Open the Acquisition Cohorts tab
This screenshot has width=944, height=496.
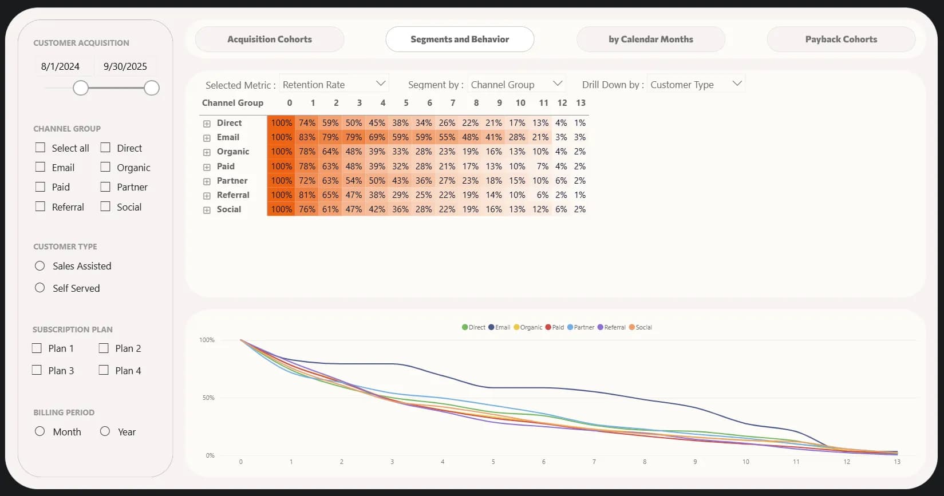point(270,39)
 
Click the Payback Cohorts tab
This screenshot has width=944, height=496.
point(840,39)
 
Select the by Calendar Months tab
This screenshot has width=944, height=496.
point(650,39)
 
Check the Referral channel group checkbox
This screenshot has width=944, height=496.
point(40,207)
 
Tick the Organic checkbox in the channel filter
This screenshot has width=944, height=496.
point(105,167)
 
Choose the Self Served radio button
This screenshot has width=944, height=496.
point(40,288)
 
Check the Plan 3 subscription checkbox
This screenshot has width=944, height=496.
point(37,370)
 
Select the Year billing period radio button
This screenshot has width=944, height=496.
point(105,431)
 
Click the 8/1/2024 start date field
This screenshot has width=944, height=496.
point(60,66)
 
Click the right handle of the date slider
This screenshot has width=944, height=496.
point(152,88)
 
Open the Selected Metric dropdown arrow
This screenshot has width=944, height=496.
point(381,84)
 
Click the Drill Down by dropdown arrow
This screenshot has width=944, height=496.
point(737,84)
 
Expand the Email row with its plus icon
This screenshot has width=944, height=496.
point(207,138)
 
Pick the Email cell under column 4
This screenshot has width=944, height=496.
point(377,137)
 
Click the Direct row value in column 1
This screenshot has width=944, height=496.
point(307,123)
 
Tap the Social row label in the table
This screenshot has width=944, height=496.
point(229,209)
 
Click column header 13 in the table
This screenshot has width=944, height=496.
point(580,103)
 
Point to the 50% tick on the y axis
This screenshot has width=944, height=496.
point(208,398)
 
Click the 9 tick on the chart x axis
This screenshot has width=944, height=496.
point(695,462)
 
